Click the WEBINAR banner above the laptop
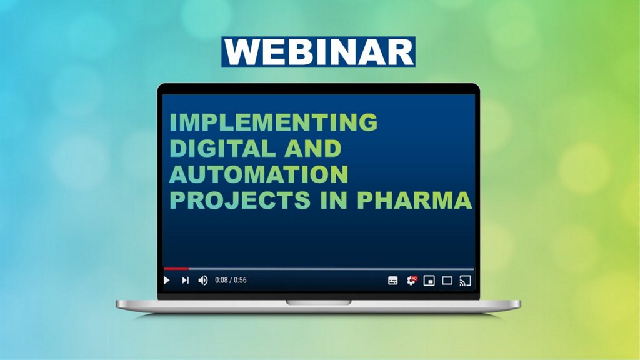point(318,52)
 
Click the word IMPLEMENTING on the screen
point(274,122)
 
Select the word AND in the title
point(313,148)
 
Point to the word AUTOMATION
point(259,174)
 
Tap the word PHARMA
point(415,200)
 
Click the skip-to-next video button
point(185,281)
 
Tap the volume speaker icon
point(203,281)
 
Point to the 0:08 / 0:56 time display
point(231,281)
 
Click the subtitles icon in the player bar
point(392,281)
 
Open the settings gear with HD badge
point(411,281)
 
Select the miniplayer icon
point(429,281)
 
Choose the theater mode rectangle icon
point(447,281)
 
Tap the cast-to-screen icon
point(465,281)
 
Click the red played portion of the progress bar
point(176,269)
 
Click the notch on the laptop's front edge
point(318,302)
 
